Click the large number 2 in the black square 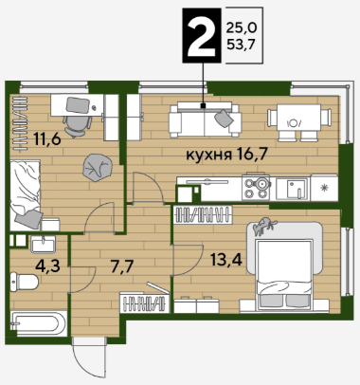[201, 35]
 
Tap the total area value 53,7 [241, 45]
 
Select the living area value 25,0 [242, 28]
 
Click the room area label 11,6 [47, 139]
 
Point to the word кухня [208, 156]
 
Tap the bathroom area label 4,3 [47, 266]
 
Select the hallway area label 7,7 [122, 266]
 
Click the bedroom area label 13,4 [226, 260]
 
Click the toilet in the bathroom [24, 282]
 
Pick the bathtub [39, 323]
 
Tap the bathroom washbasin [44, 244]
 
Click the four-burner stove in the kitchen [256, 188]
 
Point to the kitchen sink [292, 189]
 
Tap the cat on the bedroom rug [264, 226]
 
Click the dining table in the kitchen [299, 122]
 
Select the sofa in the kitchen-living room [205, 119]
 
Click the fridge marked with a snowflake [324, 188]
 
